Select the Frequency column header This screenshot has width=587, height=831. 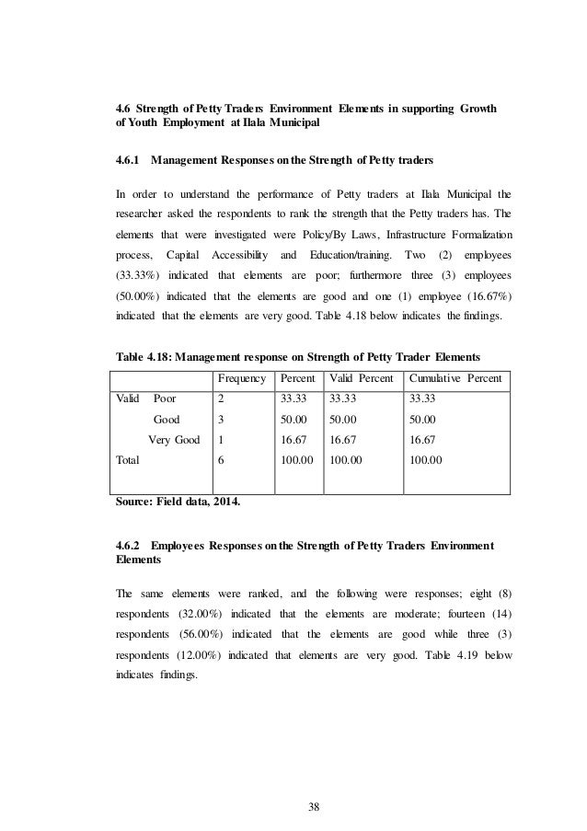click(x=241, y=378)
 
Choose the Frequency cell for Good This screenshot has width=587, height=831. click(x=222, y=420)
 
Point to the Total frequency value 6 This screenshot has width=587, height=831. click(x=222, y=460)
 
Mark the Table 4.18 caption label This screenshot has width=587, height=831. click(x=140, y=358)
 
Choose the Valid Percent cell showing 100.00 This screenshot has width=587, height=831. click(x=347, y=460)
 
